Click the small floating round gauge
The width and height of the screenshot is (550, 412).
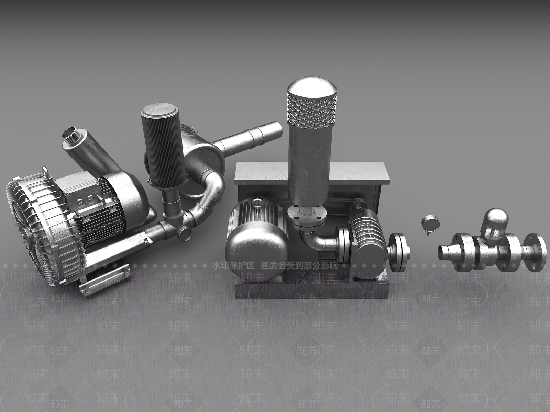429,224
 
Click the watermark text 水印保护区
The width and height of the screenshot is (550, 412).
233,266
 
